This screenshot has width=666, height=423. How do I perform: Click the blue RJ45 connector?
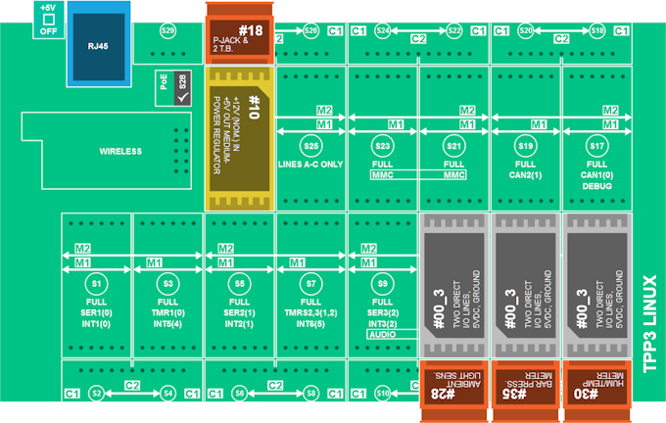pyautogui.click(x=98, y=46)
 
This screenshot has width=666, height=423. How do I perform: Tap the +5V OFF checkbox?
pyautogui.click(x=48, y=19)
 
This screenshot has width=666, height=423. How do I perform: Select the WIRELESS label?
pyautogui.click(x=120, y=151)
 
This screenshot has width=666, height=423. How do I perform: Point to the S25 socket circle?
pyautogui.click(x=310, y=146)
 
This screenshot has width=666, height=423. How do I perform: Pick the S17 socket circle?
pyautogui.click(x=597, y=146)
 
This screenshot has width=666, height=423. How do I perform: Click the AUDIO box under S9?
pyautogui.click(x=383, y=335)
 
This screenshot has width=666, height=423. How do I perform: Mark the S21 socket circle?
pyautogui.click(x=453, y=146)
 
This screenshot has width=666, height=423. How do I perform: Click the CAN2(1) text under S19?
pyautogui.click(x=525, y=174)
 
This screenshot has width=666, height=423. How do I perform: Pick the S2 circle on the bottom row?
pyautogui.click(x=96, y=393)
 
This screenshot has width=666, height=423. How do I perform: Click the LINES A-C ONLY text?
pyautogui.click(x=310, y=164)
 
